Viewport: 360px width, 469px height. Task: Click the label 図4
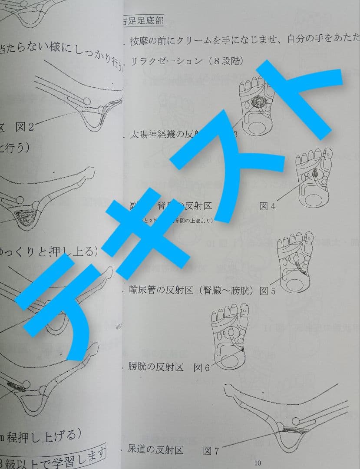(267, 207)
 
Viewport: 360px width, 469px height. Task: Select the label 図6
(201, 368)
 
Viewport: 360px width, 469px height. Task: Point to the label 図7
(211, 452)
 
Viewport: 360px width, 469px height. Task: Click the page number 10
(258, 463)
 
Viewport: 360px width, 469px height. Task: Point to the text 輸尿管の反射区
(161, 291)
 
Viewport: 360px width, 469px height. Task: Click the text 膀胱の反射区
(155, 367)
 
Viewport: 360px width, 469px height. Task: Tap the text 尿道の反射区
(155, 450)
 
